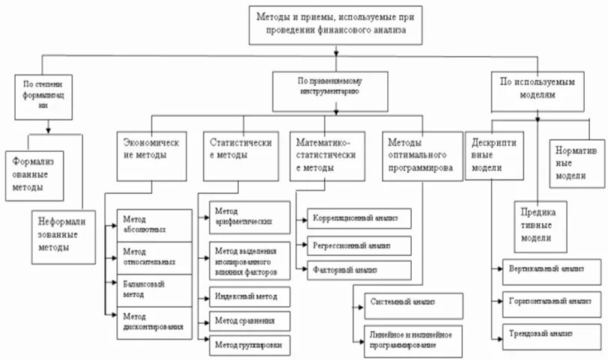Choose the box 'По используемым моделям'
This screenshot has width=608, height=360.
coord(538,89)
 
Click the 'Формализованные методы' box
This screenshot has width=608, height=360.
coord(35,173)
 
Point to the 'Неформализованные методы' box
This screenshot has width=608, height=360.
coord(64,234)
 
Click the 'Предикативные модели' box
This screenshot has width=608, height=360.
coord(538,224)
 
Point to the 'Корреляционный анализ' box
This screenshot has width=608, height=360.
coord(358,219)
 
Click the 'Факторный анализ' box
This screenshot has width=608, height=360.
coord(358,269)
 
